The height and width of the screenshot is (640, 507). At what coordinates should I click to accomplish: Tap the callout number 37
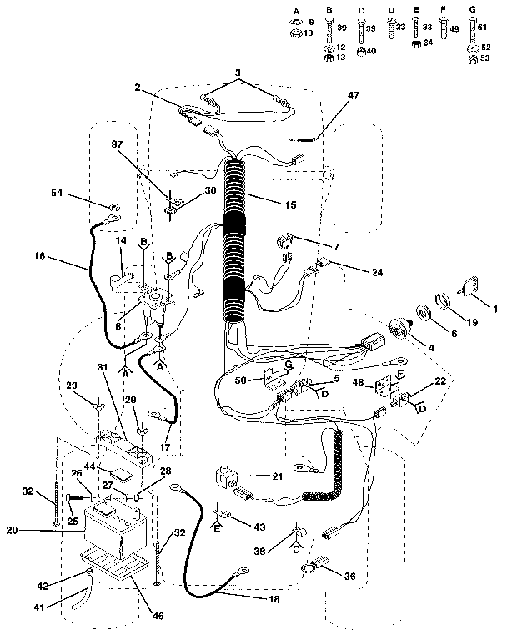coord(128,143)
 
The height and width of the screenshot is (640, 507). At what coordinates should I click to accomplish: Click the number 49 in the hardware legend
coord(454,28)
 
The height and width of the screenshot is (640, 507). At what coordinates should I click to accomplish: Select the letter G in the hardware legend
coord(473,9)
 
